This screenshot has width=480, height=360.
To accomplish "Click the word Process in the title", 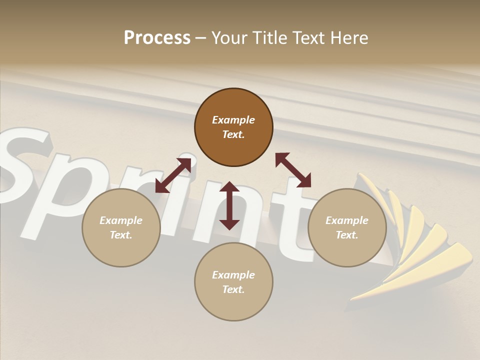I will (x=157, y=38).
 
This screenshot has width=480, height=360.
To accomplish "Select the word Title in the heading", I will (x=267, y=38).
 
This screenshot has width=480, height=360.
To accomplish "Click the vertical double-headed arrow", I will (x=229, y=205).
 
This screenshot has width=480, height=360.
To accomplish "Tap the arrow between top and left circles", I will (x=173, y=175).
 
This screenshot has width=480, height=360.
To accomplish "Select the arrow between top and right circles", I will (x=293, y=170).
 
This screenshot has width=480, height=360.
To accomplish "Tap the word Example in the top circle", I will (x=233, y=120).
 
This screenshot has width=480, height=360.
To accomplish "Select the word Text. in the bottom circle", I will (x=233, y=289).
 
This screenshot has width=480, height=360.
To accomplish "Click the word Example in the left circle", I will (x=121, y=220).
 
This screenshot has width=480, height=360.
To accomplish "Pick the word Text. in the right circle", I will (x=347, y=235).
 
